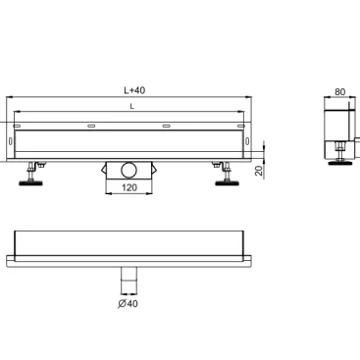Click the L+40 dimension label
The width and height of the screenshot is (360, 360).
(x=134, y=90)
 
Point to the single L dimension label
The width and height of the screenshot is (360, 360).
(x=132, y=106)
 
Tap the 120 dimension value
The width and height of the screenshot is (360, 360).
(x=129, y=187)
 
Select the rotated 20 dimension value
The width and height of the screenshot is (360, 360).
(x=259, y=171)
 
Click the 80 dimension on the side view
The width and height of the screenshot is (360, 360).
(x=340, y=92)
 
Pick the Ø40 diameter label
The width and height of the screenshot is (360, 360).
(x=128, y=304)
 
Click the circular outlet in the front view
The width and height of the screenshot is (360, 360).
(x=128, y=170)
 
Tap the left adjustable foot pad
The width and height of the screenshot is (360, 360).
(x=30, y=183)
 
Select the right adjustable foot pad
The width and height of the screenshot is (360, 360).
(x=227, y=183)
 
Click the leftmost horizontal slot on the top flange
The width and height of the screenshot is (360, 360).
(x=17, y=126)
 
